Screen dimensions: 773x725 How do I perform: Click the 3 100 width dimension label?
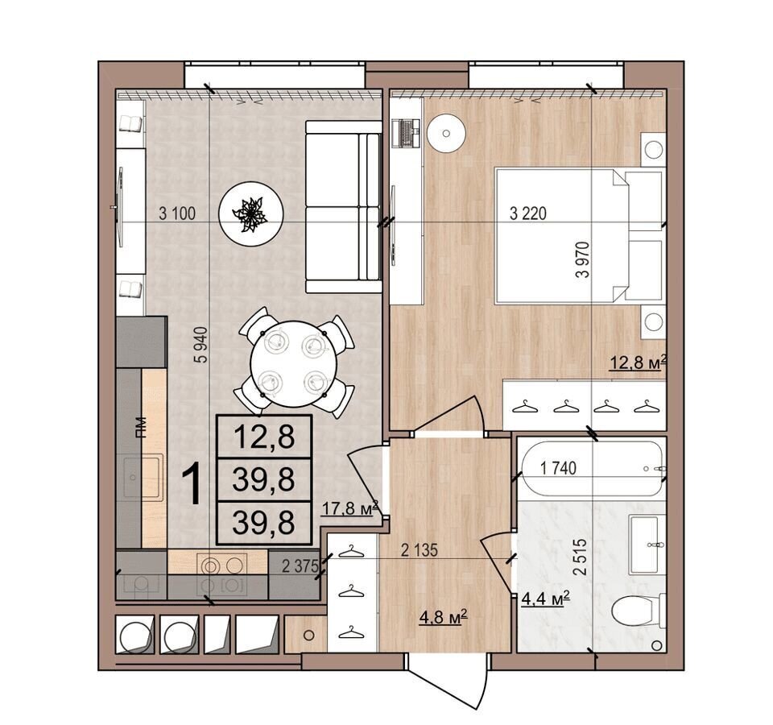(177, 213)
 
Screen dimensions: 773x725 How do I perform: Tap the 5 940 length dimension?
(201, 345)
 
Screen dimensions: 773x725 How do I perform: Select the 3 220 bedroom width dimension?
(528, 213)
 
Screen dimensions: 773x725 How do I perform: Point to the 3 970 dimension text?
(582, 260)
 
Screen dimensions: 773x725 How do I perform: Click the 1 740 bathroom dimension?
(559, 467)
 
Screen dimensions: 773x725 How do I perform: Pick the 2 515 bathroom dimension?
(581, 557)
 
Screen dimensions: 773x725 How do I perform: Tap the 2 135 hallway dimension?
(419, 550)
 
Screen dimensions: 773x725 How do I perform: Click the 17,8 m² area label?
(349, 507)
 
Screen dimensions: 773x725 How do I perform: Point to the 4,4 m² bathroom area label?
(546, 599)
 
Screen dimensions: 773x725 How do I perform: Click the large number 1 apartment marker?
(192, 486)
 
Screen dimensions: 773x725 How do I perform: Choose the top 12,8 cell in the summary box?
(264, 437)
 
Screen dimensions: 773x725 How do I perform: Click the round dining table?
(293, 364)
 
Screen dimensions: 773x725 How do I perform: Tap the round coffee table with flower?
(251, 213)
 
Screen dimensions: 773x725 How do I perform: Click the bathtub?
(592, 468)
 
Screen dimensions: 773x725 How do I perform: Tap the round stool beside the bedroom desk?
(446, 133)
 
